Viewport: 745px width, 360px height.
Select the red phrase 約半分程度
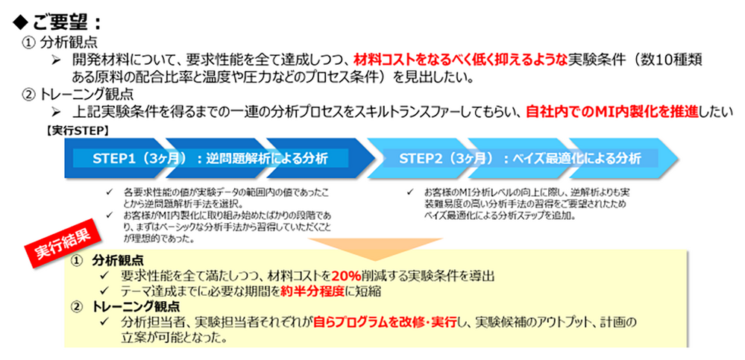click(307, 291)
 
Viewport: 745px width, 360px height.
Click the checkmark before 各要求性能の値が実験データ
click(110, 192)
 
